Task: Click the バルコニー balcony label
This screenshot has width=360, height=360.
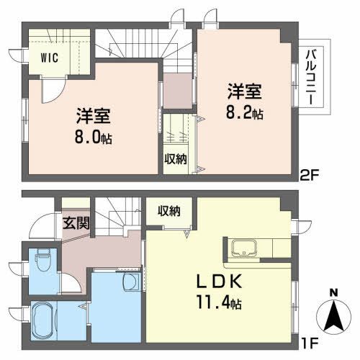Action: pyautogui.click(x=310, y=78)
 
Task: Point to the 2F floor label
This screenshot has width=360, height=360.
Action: pyautogui.click(x=310, y=173)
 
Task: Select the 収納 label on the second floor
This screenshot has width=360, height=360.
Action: pyautogui.click(x=175, y=158)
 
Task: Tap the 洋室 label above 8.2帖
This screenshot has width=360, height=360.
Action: pyautogui.click(x=245, y=91)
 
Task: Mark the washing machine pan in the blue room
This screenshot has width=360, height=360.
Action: pyautogui.click(x=132, y=281)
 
